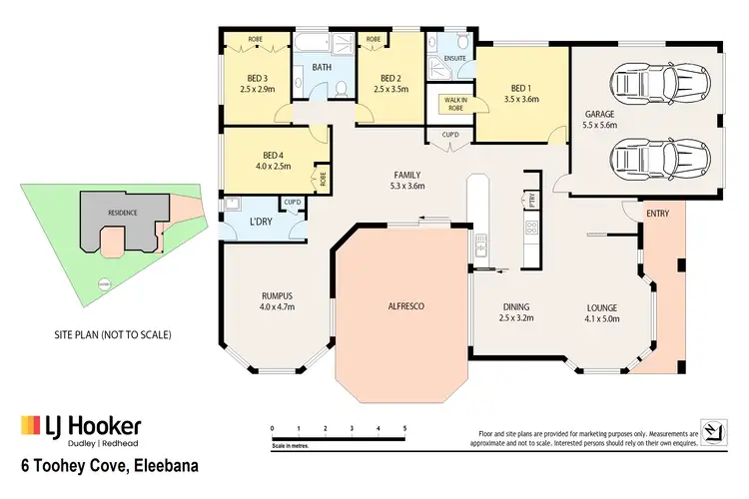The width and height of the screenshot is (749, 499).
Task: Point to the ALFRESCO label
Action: click(405, 305)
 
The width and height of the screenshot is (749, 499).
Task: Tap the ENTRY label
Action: click(658, 214)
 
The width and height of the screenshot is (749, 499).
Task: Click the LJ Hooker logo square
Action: click(31, 427)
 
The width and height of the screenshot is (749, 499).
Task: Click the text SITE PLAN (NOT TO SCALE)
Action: click(111, 334)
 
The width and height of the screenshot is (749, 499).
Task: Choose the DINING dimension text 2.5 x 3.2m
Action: click(516, 318)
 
